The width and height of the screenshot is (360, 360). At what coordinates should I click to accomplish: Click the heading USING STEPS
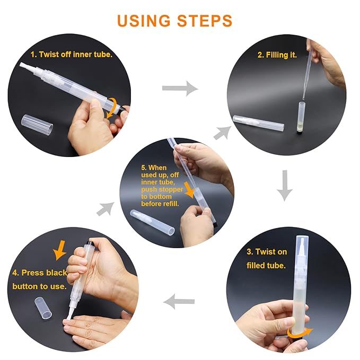click(x=175, y=21)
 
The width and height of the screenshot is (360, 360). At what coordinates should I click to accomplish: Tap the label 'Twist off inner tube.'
click(x=72, y=55)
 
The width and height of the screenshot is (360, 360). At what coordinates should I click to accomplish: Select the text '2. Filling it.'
click(x=277, y=55)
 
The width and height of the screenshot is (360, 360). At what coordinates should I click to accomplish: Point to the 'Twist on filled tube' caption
click(x=267, y=259)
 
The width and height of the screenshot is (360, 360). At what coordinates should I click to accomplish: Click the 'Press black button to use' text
click(x=40, y=279)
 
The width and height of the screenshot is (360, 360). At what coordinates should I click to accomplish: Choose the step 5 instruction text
click(x=162, y=186)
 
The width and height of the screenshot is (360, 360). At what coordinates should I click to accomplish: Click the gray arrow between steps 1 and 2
click(x=180, y=88)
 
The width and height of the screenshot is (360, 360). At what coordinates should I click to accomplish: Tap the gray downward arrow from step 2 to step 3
click(x=285, y=186)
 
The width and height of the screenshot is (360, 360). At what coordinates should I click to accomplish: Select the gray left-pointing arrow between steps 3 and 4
click(x=179, y=301)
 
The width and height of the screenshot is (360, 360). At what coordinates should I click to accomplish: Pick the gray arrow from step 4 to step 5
click(x=106, y=209)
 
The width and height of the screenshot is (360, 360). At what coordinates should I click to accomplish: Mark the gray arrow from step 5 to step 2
click(x=222, y=133)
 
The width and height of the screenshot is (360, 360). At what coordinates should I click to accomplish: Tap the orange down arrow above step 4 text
click(x=60, y=250)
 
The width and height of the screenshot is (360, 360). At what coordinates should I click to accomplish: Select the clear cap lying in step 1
click(x=37, y=125)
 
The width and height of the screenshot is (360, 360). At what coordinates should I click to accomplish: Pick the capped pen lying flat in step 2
click(x=259, y=123)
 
